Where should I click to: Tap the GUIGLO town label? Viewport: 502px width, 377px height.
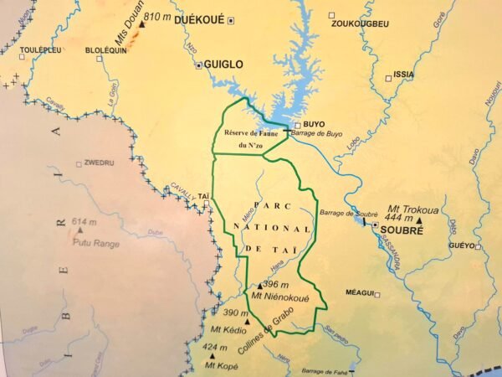(223, 64)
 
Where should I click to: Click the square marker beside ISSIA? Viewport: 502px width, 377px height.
(388, 79)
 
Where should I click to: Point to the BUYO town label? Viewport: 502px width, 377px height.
(314, 124)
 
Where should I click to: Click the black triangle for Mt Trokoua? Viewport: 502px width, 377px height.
(418, 219)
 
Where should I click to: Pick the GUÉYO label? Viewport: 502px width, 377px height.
(460, 246)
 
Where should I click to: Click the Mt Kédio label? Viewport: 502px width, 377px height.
(228, 329)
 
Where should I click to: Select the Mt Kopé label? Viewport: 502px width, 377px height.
(222, 366)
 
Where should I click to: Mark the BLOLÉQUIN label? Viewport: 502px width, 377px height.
(105, 50)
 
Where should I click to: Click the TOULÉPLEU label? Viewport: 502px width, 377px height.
(40, 50)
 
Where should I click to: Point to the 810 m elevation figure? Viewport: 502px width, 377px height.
(158, 17)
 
